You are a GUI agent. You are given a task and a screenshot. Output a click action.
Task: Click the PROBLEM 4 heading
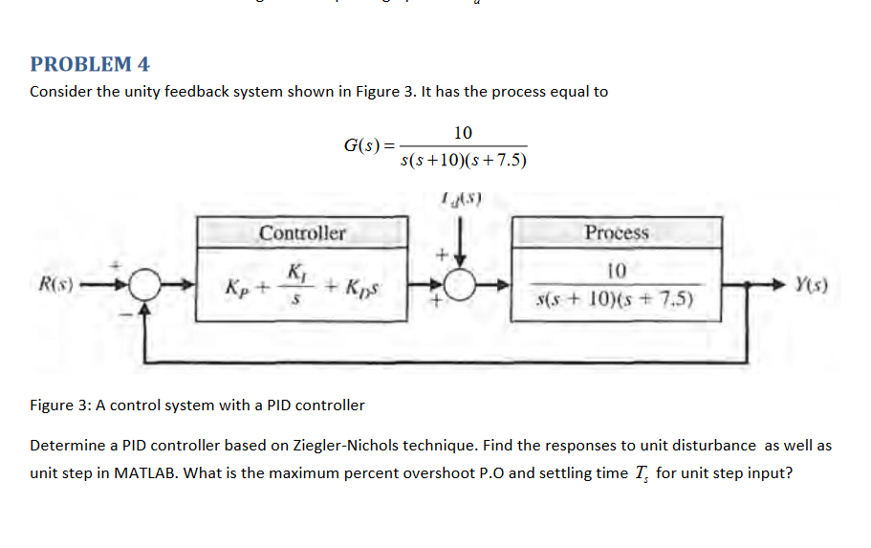pyautogui.click(x=90, y=64)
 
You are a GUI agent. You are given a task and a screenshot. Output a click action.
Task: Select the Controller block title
pyautogui.click(x=302, y=233)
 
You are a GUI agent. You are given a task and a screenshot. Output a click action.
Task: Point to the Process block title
pyautogui.click(x=617, y=232)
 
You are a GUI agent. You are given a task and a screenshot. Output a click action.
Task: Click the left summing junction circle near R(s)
pyautogui.click(x=143, y=284)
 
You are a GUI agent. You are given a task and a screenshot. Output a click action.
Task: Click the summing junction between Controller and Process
pyautogui.click(x=461, y=284)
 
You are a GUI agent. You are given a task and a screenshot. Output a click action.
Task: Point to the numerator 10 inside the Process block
pyautogui.click(x=617, y=271)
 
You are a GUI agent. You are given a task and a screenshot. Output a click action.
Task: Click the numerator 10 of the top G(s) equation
pyautogui.click(x=463, y=132)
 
